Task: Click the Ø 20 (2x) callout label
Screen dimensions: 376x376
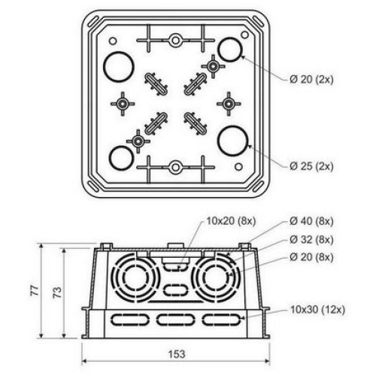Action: coord(311,80)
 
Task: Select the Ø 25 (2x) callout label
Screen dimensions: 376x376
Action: coord(311,166)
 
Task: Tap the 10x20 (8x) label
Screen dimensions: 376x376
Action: coord(231,221)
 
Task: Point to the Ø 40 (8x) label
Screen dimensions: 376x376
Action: coord(311,221)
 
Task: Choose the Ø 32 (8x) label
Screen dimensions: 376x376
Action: coord(311,240)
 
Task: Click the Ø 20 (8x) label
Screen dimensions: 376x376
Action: coord(311,257)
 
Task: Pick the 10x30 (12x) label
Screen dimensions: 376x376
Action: coord(317,310)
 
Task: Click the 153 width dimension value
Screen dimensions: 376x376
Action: coord(177,354)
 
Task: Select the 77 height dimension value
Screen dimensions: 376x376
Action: coord(35,290)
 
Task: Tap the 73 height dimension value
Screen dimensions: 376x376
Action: coord(57,293)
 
